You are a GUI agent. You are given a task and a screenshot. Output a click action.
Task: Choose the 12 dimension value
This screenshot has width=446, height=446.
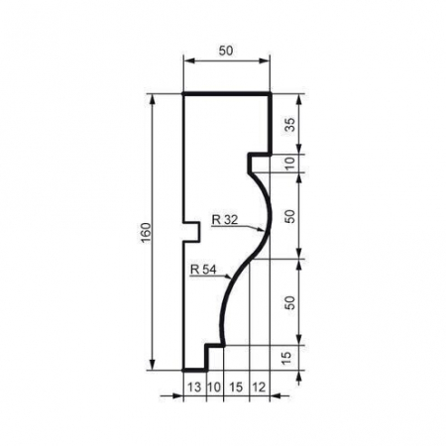pyautogui.click(x=260, y=388)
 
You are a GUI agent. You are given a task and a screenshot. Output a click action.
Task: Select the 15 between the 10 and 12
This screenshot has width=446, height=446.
pyautogui.click(x=235, y=388)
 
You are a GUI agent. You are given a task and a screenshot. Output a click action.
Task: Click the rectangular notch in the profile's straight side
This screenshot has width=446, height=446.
pyautogui.click(x=192, y=230)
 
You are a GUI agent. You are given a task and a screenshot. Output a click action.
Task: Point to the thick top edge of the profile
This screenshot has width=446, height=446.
pyautogui.click(x=228, y=94)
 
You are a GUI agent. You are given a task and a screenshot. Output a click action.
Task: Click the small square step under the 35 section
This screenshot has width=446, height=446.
pyautogui.click(x=256, y=159)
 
